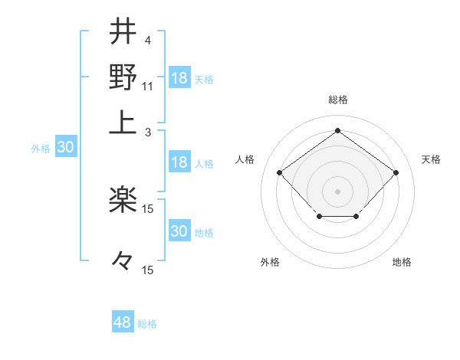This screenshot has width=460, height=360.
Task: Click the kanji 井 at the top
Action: point(123,31)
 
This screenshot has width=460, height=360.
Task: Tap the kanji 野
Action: point(123,77)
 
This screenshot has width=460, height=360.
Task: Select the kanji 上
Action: point(123,122)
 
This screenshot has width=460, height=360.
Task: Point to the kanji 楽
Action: point(123,201)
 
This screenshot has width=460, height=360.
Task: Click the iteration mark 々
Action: point(123,261)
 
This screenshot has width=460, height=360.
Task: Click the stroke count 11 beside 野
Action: point(148,86)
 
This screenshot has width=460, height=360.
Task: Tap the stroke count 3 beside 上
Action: point(147,131)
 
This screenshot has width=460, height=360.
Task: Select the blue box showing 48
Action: point(123,322)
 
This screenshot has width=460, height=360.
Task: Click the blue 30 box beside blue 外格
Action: point(65,148)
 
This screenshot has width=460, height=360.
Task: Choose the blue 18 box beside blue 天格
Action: point(179,78)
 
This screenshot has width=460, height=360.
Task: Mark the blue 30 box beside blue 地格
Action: point(179,231)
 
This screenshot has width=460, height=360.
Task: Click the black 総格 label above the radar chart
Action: point(337,100)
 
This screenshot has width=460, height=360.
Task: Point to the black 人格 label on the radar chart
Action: point(245,159)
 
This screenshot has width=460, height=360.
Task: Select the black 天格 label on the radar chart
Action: point(431,159)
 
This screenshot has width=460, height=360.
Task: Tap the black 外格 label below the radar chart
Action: point(270,262)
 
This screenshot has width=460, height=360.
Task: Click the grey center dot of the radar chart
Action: point(337,191)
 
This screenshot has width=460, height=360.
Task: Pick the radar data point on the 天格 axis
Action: point(396,173)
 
